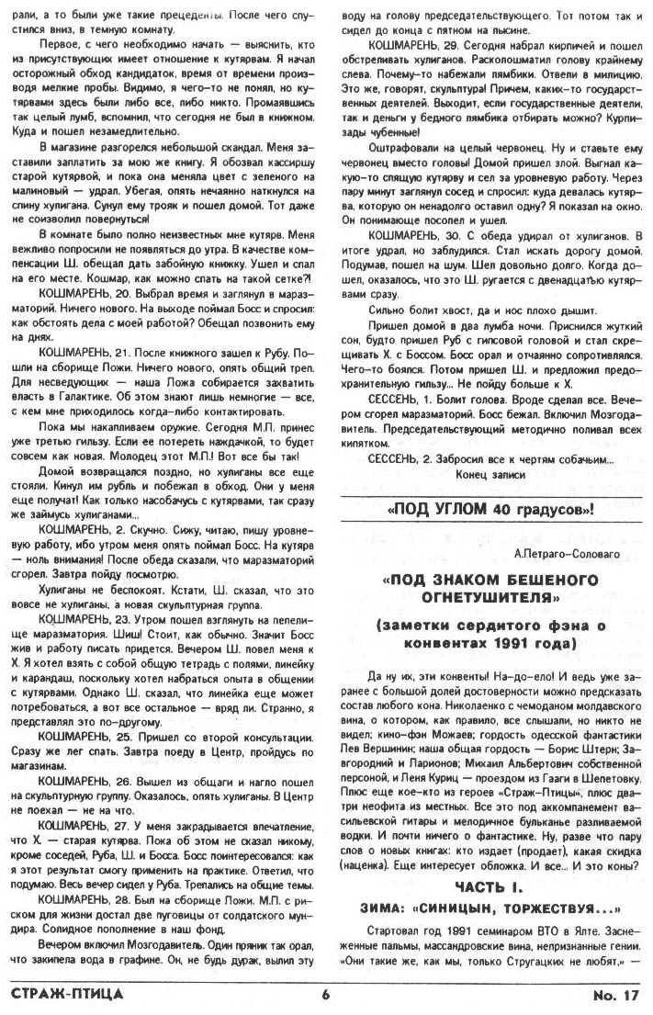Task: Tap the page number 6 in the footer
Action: pos(325,994)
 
